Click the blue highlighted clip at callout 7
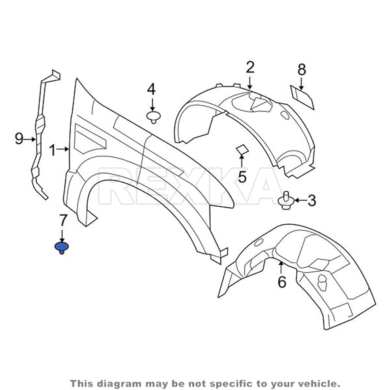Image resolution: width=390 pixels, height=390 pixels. click(62, 248)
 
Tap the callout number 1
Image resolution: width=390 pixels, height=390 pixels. click(52, 150)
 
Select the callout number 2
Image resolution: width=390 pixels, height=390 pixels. click(250, 67)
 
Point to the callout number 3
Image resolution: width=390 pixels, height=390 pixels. click(312, 200)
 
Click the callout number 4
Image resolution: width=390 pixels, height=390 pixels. click(151, 89)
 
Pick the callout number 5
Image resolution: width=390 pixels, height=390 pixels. click(242, 177)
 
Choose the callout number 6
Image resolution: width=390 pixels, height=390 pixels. click(282, 282)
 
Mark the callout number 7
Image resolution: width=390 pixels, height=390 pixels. click(62, 220)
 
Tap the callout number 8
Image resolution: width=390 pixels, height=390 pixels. click(302, 70)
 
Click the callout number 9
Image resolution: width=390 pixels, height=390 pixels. click(19, 139)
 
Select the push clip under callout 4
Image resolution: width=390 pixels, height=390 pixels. click(153, 117)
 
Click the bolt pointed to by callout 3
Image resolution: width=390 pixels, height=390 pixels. click(286, 200)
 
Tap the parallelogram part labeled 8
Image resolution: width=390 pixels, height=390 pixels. click(303, 97)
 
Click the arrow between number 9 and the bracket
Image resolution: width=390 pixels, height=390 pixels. click(30, 139)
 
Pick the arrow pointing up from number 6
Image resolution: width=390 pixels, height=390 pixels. click(281, 268)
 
